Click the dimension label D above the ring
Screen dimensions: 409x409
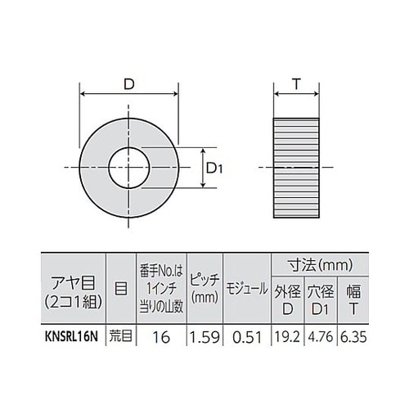click(129, 82)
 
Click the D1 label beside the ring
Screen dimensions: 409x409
click(214, 168)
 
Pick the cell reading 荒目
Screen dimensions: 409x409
click(119, 335)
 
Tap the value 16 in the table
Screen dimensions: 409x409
click(161, 335)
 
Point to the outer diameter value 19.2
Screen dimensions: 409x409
click(284, 335)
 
